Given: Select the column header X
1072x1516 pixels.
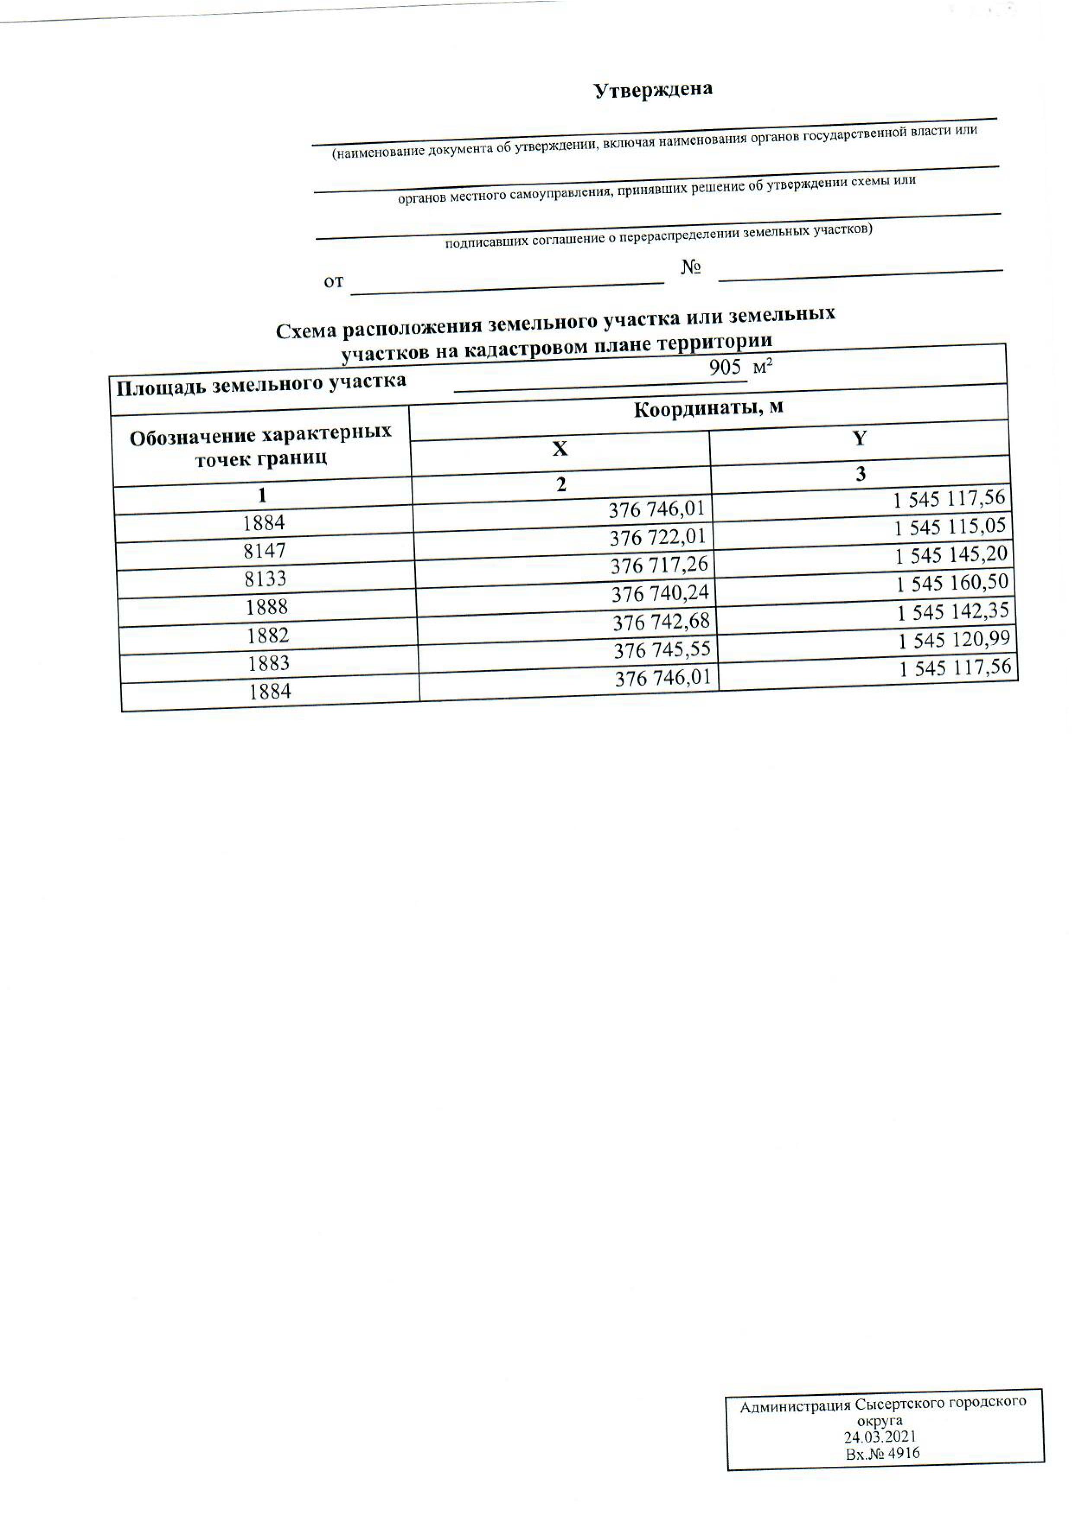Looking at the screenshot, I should (560, 449).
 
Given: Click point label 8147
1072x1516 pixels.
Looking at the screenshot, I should (264, 551).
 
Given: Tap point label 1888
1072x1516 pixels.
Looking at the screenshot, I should (267, 607).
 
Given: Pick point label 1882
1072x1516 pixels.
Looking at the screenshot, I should (268, 635).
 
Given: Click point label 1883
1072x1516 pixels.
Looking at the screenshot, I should (269, 663).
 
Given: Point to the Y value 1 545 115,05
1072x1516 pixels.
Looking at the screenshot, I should (950, 527).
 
